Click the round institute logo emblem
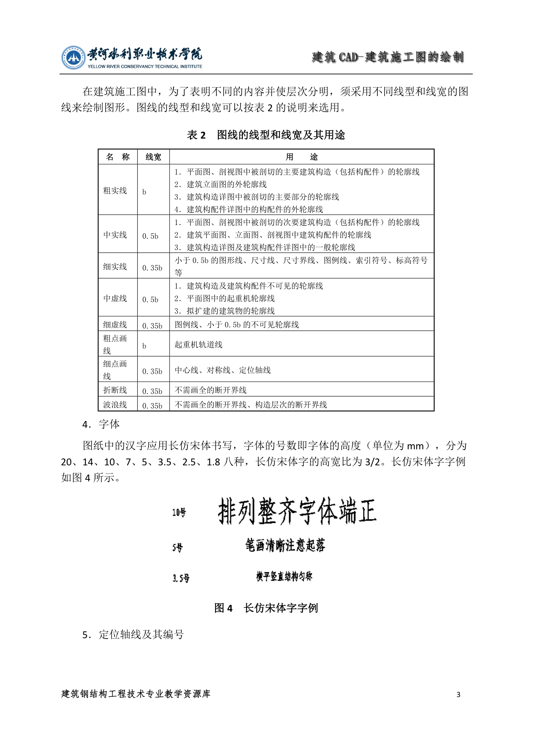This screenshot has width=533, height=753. coord(73,57)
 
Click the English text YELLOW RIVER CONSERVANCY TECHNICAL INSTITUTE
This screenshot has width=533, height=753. coord(145,67)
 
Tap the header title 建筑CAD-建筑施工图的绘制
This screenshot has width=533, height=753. coord(388,57)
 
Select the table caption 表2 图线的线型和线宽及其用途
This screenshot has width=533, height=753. coord(266,135)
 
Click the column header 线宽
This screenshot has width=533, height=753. coord(153,157)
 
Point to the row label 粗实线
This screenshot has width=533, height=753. coord(115,191)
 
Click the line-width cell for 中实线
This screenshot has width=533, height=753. coord(150,236)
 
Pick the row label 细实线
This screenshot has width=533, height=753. coord(115,267)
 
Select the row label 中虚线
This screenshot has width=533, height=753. coord(115,298)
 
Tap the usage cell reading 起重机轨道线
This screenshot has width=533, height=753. coord(199,344)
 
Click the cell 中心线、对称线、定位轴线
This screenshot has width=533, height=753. coord(223,370)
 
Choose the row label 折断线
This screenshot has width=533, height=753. coord(115,390)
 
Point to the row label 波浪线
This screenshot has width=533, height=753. coord(115,405)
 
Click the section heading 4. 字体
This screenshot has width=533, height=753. coord(101,424)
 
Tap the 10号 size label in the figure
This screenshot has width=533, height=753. coord(179,512)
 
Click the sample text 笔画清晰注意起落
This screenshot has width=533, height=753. coord(285,546)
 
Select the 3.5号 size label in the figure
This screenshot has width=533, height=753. coord(181,578)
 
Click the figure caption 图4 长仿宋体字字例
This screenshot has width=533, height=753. coord(266,608)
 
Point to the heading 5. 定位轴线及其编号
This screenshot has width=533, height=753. coord(133,635)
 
